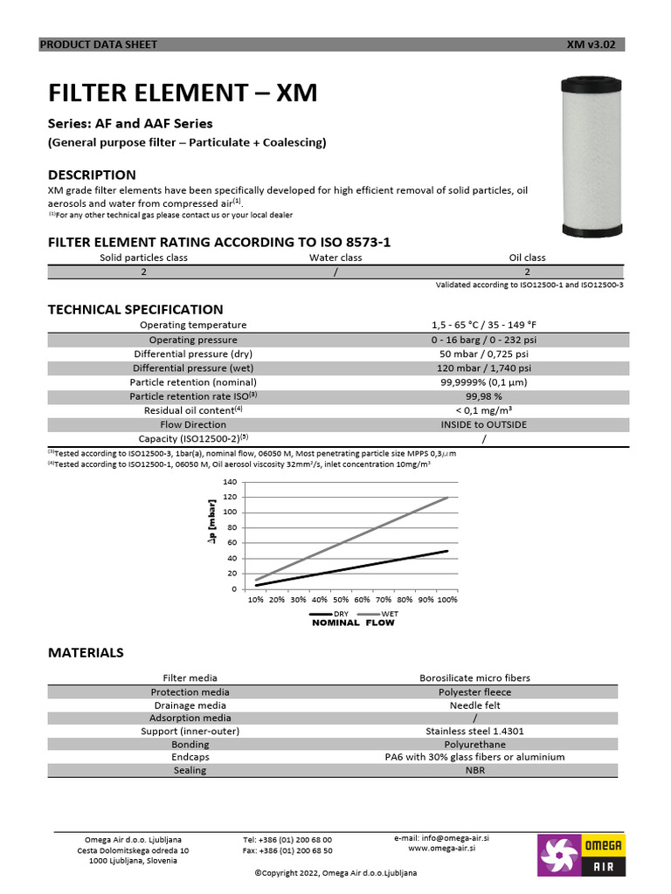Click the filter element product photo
coord(591,158)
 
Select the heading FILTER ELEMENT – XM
coord(183,93)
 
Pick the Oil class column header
coord(527,258)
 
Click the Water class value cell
coord(335,272)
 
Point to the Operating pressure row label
coord(193,340)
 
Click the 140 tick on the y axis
coord(230,482)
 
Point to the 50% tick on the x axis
coord(341,601)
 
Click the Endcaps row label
coord(190,757)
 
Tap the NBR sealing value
coord(475,771)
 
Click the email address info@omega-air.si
coord(453,837)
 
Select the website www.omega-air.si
coord(442,848)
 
